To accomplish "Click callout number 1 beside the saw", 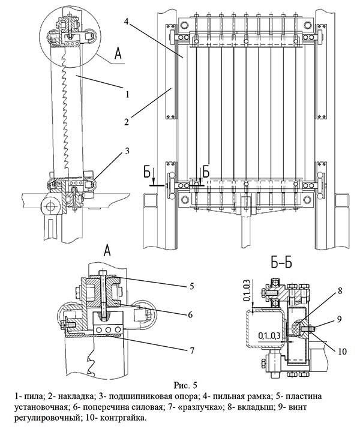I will [127, 93].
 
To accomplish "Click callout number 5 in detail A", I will [191, 286].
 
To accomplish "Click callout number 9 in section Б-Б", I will [341, 318].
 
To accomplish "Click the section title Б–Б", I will [282, 263].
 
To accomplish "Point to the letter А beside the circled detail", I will [119, 55].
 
